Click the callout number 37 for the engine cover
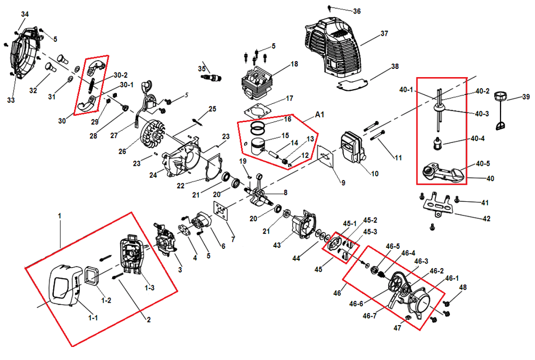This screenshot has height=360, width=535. pos(384,33)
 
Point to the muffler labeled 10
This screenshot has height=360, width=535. pos(353,148)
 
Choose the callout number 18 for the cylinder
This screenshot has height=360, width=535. pos(294,64)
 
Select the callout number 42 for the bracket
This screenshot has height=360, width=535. pos(486,219)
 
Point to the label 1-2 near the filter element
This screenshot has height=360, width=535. pos(106,301)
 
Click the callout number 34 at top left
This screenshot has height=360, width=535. pos(25,14)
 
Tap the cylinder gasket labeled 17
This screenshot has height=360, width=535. pos(256,111)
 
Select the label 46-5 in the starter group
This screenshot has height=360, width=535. pos(393,246)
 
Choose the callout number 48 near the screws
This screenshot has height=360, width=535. pos(463,287)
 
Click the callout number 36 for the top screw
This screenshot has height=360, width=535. pos(356,11)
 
